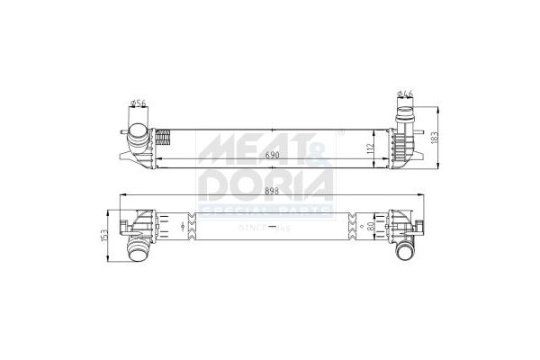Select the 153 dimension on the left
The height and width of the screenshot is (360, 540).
pos(107,235)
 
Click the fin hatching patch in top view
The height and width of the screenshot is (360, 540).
pos(164,139)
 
